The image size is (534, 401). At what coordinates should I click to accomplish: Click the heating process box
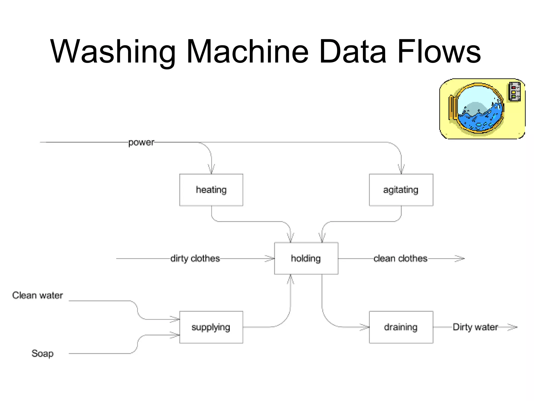coord(211,190)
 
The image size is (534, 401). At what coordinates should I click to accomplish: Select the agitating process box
coord(401,190)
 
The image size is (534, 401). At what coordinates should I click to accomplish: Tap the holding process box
coord(306,258)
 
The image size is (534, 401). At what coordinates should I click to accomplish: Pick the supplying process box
coord(211,327)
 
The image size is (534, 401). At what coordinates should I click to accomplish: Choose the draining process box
coord(401,327)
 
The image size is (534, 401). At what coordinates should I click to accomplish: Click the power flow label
coord(141,143)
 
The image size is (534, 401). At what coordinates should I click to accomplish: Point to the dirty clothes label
coord(195,258)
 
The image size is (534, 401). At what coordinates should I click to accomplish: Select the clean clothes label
coord(400,258)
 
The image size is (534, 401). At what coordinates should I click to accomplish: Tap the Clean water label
coord(38,295)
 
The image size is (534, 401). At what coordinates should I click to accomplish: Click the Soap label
coord(43,353)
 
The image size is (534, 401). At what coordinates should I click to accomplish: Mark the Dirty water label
coord(475,327)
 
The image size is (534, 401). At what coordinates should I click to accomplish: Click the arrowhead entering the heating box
coord(211,169)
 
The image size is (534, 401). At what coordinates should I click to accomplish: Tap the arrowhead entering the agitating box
coord(401,169)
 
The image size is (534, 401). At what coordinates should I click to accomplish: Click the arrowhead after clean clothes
coord(460,258)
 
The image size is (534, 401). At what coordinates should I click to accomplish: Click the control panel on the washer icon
coord(514,92)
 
